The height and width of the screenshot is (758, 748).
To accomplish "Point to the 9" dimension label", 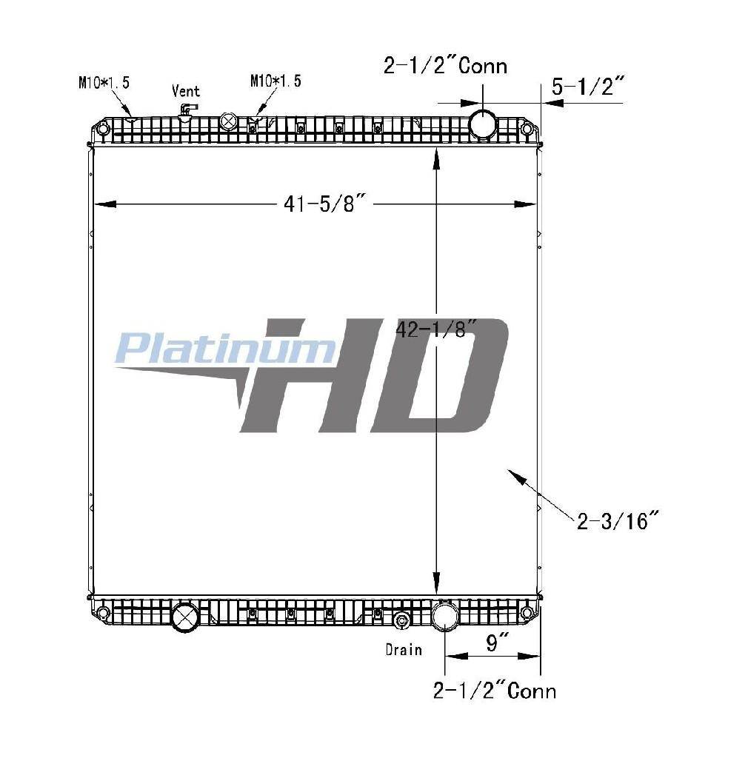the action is point(492,643).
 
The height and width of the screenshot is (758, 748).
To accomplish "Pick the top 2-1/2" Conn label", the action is point(445,65).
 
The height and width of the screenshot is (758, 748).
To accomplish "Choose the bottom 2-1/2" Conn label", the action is point(495,691).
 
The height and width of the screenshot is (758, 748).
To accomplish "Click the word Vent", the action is point(186,91).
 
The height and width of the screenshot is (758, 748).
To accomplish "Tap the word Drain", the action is point(404,649).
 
